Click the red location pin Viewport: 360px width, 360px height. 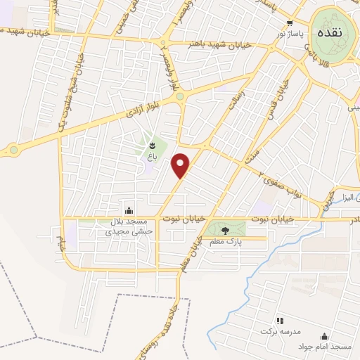181,165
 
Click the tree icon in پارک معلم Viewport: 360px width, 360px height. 225,230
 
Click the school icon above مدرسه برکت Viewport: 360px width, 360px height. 279,320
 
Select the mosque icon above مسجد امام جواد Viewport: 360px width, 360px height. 324,337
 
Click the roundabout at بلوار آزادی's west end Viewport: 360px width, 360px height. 13,149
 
